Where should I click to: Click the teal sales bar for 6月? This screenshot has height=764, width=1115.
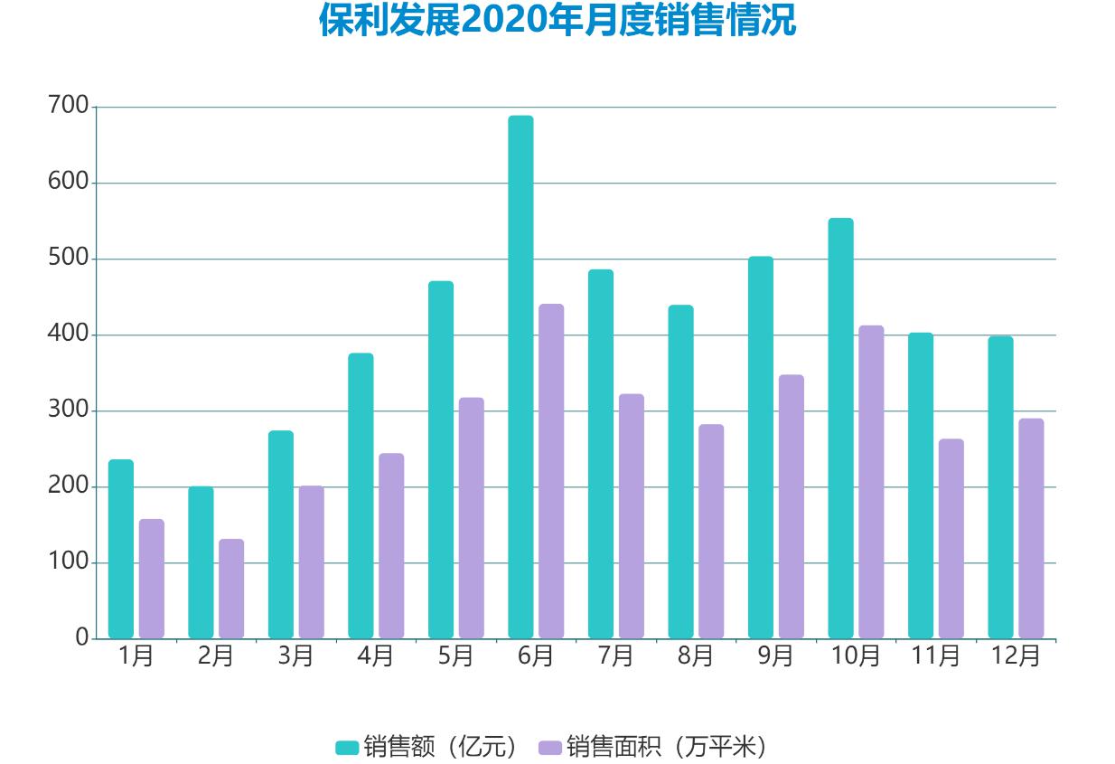tap(520, 377)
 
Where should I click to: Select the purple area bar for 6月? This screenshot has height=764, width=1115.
tap(551, 471)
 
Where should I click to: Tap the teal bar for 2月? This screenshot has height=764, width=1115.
tap(201, 562)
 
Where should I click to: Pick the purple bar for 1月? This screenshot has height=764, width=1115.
tap(152, 579)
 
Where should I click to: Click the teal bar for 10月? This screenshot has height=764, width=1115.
tap(840, 429)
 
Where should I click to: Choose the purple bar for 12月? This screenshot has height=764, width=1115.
tap(1031, 528)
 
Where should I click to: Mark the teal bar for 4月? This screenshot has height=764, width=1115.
tap(361, 495)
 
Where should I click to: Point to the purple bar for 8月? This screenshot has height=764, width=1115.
tap(711, 532)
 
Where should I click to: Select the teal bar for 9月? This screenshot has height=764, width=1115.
tap(761, 448)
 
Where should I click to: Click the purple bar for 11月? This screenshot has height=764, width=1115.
tap(951, 539)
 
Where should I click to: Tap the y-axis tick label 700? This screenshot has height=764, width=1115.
tap(69, 107)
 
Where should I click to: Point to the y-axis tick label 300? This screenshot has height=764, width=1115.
tap(69, 410)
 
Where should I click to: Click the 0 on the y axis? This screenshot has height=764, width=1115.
tap(82, 638)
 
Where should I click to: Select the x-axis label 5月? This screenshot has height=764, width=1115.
tap(455, 656)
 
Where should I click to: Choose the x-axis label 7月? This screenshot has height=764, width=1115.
tap(615, 656)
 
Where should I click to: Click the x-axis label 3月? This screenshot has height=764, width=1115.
tap(295, 656)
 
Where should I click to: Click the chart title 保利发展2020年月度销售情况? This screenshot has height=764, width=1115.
tap(557, 20)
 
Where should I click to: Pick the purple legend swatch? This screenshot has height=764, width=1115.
tap(550, 747)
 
